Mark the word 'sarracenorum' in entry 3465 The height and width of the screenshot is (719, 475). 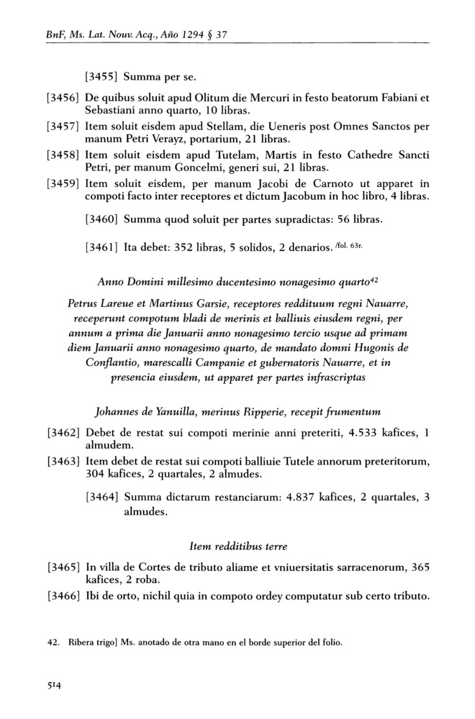(x=361, y=568)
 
